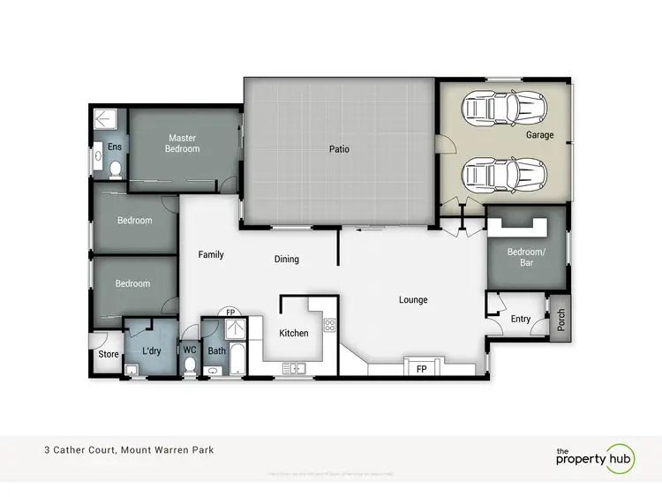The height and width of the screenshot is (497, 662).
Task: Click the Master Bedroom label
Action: pos(182,143)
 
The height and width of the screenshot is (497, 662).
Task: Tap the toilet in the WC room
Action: pos(190,367)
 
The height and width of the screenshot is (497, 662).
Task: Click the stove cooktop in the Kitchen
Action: pos(330,325)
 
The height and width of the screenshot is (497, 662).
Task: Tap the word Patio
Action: pos(340,149)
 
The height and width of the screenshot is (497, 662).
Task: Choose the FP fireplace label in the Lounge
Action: pos(421,369)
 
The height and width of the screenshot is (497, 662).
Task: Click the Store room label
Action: pos(108,355)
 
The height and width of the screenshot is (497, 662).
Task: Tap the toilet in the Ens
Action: pos(116,168)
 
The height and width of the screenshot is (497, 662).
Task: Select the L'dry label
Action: pos(151,351)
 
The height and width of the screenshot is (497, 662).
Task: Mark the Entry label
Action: pos(521,319)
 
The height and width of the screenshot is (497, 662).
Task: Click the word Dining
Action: pos(287,260)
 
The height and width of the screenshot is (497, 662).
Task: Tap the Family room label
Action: pos(211,254)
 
